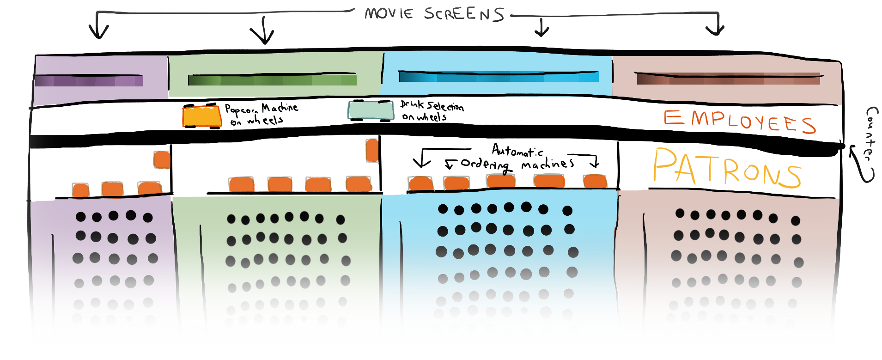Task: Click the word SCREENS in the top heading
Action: click(464, 14)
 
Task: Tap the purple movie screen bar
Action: click(89, 81)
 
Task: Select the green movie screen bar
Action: click(272, 80)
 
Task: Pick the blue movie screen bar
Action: click(499, 76)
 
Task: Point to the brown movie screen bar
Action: click(728, 79)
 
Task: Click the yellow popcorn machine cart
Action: click(202, 116)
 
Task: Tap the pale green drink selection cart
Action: click(371, 110)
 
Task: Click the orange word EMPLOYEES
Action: click(739, 121)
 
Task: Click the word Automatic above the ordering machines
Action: click(517, 150)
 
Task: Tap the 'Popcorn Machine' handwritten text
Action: click(261, 109)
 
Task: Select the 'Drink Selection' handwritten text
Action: click(432, 106)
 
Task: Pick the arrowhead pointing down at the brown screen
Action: click(715, 31)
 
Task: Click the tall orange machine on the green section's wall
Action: click(372, 150)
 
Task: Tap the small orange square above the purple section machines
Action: click(162, 159)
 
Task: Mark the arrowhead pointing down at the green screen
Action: click(263, 37)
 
